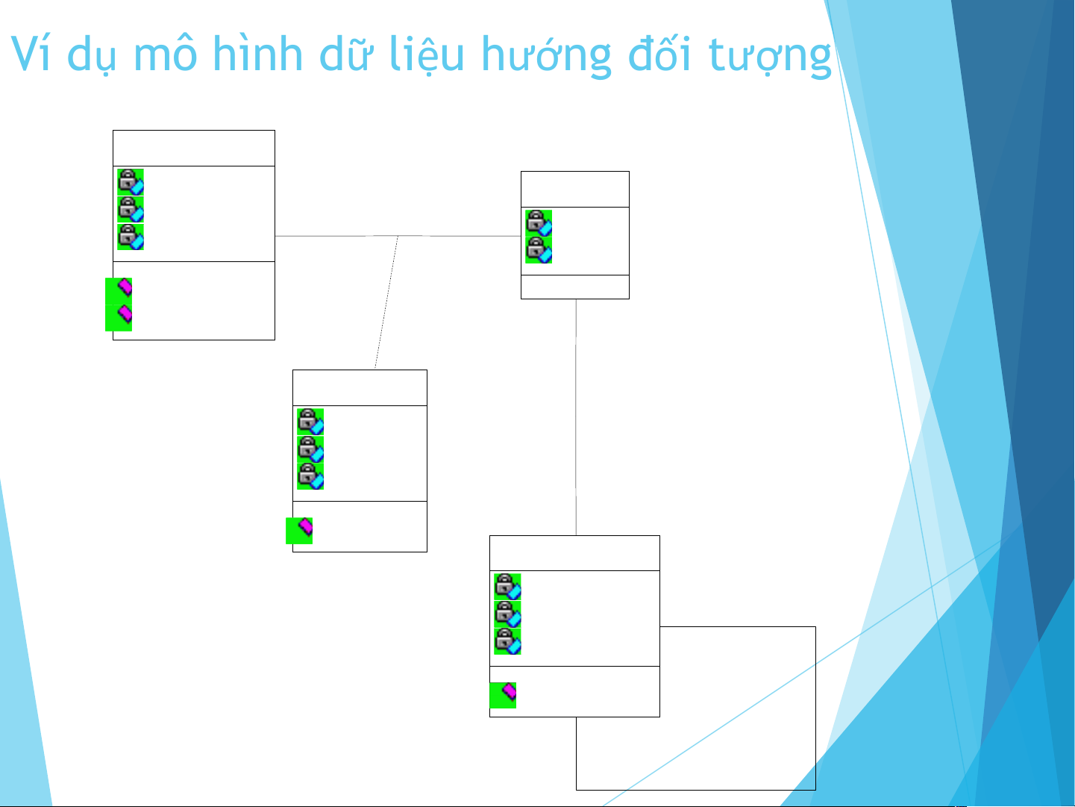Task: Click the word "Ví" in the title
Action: click(31, 54)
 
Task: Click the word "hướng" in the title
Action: click(546, 56)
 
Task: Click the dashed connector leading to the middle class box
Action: click(386, 302)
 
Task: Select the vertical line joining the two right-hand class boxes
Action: click(576, 417)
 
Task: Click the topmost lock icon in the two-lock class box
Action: click(539, 223)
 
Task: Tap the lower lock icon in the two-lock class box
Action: click(539, 250)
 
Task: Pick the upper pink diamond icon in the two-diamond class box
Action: click(119, 291)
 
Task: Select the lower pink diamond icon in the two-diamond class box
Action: click(119, 318)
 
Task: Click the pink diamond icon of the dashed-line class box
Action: click(299, 531)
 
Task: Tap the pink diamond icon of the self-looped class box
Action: click(503, 695)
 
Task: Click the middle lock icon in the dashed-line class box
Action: click(310, 449)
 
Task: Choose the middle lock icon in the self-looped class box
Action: click(507, 614)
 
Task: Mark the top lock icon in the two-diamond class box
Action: click(131, 182)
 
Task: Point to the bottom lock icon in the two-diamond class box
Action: click(131, 237)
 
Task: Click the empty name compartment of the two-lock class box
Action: click(575, 189)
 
